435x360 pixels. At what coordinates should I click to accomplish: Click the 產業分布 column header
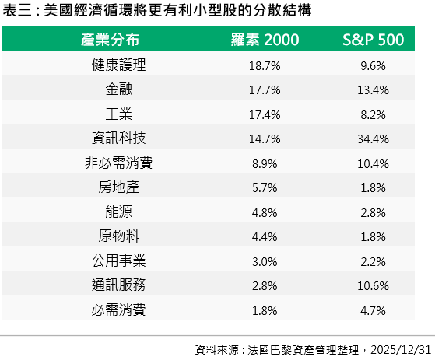click(x=111, y=40)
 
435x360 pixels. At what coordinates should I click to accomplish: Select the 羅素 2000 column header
click(x=265, y=40)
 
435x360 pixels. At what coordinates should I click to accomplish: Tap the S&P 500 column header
click(x=373, y=40)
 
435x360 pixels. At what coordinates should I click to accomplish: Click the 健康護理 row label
click(x=119, y=65)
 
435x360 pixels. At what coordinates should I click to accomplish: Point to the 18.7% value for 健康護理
click(x=265, y=65)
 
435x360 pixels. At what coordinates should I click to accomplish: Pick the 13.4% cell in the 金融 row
click(x=373, y=89)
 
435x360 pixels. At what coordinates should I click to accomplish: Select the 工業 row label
click(x=119, y=114)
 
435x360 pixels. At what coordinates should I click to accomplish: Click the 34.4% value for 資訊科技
click(x=373, y=139)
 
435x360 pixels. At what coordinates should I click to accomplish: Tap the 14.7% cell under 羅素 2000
click(x=265, y=139)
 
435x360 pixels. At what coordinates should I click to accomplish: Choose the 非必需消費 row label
click(x=119, y=163)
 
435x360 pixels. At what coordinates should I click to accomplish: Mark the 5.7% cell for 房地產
click(x=265, y=188)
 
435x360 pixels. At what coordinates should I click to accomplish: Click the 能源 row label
click(x=119, y=211)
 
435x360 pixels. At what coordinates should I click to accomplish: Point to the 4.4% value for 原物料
click(x=265, y=237)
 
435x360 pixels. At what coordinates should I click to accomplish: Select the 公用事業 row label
click(x=119, y=260)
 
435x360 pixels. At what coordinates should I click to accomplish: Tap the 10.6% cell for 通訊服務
click(x=373, y=285)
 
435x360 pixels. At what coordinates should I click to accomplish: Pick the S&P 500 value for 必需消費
click(x=373, y=310)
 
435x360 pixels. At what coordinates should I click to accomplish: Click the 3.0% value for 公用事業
click(x=265, y=261)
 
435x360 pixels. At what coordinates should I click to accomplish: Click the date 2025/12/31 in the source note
click(x=401, y=350)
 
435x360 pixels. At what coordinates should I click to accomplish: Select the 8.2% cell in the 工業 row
click(x=373, y=115)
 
